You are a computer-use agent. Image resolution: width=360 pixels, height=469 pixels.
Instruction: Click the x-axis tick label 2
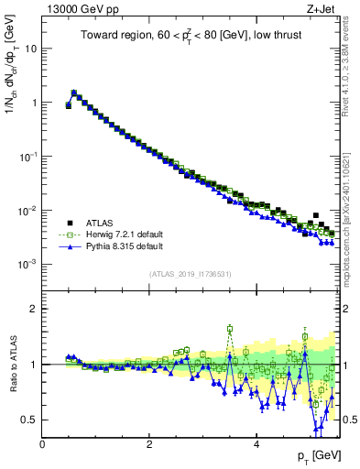point(149,443)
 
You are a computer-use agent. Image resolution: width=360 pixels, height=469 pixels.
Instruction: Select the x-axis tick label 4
point(256,443)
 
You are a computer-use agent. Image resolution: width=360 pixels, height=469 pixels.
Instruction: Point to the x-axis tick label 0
point(42,443)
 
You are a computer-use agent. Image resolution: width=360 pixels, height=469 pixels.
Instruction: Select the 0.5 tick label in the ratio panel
point(28,420)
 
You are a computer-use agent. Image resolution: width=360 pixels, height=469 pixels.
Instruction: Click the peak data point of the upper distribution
point(74,93)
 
